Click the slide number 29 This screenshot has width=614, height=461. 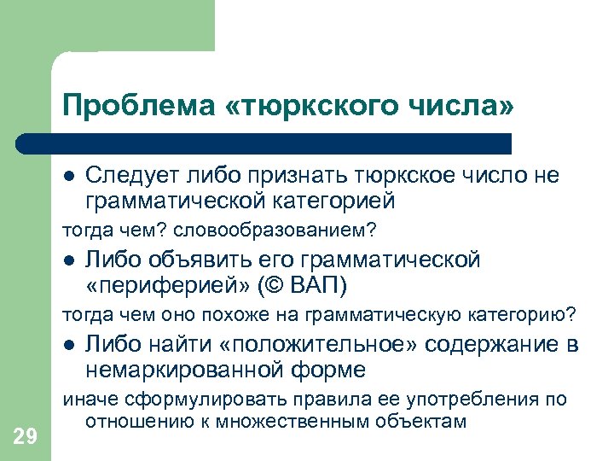coord(26,438)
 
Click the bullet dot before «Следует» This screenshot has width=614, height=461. coord(69,177)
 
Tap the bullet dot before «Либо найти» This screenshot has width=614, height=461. coord(69,345)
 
